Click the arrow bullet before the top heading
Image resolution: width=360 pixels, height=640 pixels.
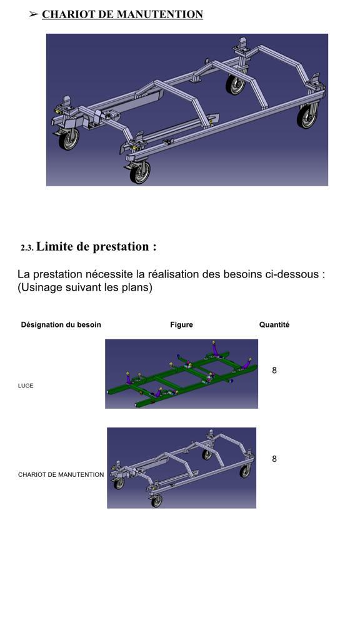point(34,14)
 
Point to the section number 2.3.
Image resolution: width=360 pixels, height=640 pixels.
point(27,248)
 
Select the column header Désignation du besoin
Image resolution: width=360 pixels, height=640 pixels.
point(61,325)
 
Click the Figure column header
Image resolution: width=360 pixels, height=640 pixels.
point(181,325)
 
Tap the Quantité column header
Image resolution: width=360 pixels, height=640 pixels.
point(274,325)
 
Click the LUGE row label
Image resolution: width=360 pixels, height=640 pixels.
point(26,386)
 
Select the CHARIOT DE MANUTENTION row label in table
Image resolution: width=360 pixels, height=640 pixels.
point(61,475)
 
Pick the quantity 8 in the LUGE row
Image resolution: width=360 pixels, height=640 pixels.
point(274,371)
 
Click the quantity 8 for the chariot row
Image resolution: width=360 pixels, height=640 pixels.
point(274,459)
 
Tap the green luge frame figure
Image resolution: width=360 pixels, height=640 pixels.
point(181,374)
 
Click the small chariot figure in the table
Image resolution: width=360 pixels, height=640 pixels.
point(181,467)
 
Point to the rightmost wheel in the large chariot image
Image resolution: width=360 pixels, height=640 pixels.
point(306,117)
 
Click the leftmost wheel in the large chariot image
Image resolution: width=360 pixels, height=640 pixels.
point(69,139)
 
